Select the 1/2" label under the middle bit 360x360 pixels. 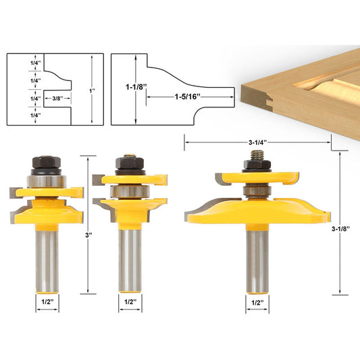coord(128,303)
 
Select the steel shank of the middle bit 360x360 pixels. coord(128,260)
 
